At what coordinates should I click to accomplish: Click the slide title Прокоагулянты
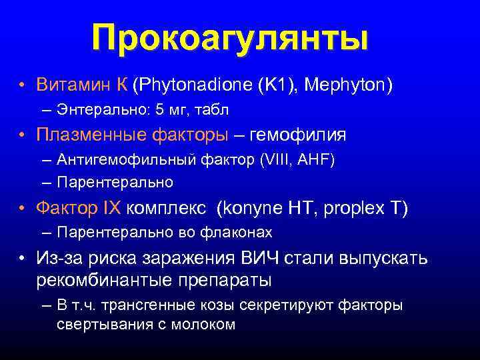click(x=230, y=38)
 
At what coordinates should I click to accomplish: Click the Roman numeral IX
click(x=111, y=209)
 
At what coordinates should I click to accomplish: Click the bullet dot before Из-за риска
click(x=22, y=259)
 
